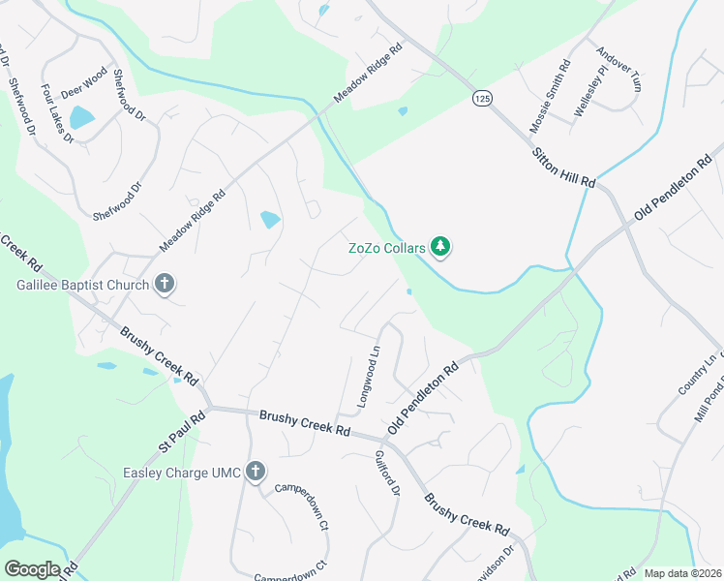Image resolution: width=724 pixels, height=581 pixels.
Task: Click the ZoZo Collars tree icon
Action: coord(441,247)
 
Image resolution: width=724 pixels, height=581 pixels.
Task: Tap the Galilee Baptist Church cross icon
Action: coord(165,285)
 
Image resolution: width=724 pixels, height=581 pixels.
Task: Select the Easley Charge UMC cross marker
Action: coord(256,472)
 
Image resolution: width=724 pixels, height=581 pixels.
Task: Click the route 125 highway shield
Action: coord(481,98)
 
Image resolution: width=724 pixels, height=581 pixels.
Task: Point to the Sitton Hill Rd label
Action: coord(562,168)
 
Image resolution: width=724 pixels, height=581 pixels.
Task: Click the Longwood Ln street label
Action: coord(369,377)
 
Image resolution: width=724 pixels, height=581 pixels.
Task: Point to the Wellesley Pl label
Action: coord(589,91)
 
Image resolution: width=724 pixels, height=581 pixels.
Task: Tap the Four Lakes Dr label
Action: coord(57,113)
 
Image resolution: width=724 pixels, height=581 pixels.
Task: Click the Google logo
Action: coord(32,568)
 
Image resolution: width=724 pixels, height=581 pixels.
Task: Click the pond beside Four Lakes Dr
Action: coord(81,118)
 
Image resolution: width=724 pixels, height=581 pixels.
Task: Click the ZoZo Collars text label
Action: coord(387,247)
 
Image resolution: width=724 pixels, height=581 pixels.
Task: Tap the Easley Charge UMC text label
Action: coord(182,473)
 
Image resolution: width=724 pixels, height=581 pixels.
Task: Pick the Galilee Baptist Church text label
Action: coord(83,285)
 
